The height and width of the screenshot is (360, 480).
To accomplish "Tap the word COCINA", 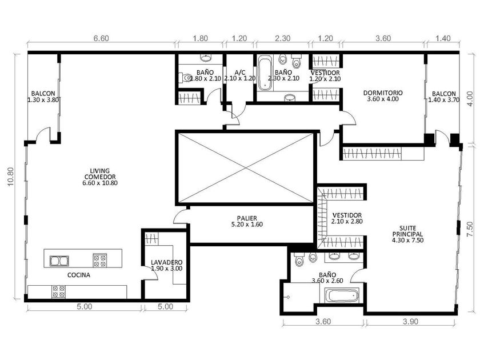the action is (x=79, y=275).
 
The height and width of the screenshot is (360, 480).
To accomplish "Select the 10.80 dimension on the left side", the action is (x=10, y=177).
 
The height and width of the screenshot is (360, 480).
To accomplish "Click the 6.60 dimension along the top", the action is (x=101, y=38).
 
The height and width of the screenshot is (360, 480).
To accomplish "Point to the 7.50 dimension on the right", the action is (x=470, y=229).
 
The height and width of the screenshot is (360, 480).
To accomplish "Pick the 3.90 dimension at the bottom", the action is (x=410, y=321).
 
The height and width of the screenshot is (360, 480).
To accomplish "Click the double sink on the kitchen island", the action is (x=59, y=261).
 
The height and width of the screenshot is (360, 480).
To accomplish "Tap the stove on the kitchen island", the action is (x=100, y=261).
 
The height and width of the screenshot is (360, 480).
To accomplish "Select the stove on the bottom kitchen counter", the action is (x=58, y=292).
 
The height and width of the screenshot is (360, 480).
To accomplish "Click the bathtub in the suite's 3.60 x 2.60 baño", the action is (x=342, y=296).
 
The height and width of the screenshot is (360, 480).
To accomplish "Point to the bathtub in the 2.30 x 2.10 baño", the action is (x=265, y=73).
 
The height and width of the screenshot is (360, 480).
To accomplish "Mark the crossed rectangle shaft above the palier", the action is (x=246, y=168).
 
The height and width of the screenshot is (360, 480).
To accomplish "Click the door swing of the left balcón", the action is (x=43, y=135).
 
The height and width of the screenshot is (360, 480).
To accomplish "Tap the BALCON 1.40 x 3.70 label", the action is (x=443, y=97).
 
